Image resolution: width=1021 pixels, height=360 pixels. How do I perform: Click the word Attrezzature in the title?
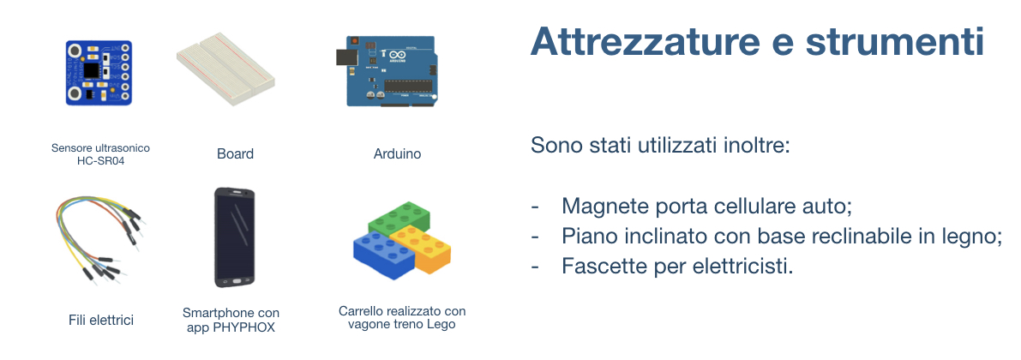point(645,42)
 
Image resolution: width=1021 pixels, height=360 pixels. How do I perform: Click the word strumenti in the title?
point(895,42)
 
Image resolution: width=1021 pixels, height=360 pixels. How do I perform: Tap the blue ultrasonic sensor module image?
point(99,72)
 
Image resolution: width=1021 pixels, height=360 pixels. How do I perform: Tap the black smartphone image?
point(234,237)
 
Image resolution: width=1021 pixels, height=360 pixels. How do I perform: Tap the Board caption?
point(235,154)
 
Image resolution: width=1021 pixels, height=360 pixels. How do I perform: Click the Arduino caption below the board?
point(397,154)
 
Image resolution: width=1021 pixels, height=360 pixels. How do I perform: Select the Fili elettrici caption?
point(101,321)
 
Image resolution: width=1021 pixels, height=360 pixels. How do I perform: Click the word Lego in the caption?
point(442,324)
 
